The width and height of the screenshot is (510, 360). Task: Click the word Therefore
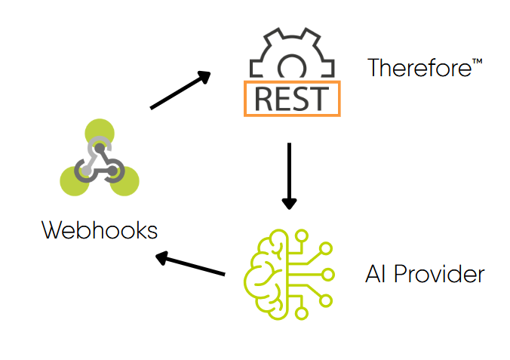click(419, 69)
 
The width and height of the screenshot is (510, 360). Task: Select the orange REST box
click(292, 99)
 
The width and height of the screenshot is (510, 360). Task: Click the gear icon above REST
click(291, 57)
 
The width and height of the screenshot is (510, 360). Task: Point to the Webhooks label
click(100, 229)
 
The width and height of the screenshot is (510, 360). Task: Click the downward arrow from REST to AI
click(289, 175)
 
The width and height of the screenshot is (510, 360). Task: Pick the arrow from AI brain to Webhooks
click(191, 265)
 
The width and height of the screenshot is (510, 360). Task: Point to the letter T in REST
click(319, 99)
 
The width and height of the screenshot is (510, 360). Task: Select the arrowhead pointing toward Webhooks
click(161, 258)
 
